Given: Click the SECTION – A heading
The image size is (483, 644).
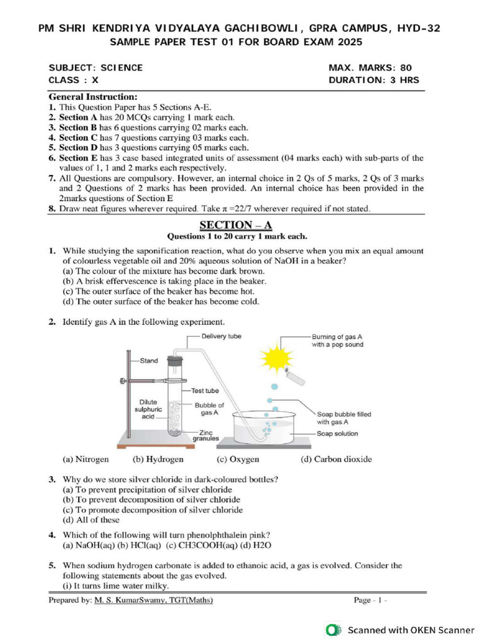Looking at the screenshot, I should [236, 225].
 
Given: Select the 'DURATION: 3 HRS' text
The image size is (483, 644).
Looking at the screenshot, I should [374, 80].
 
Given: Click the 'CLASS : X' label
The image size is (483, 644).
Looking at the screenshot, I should [74, 80].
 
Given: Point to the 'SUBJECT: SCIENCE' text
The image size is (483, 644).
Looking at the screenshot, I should [96, 67].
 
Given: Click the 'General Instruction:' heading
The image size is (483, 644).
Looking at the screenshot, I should [93, 97].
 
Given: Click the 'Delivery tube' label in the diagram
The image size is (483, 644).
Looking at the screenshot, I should [221, 336].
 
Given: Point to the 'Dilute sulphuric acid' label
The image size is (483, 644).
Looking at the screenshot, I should [150, 409].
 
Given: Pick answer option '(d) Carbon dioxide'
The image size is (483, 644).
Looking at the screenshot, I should [336, 459].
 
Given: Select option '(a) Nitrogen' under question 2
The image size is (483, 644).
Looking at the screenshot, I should [86, 459].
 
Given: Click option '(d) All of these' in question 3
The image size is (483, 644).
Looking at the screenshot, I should [91, 520].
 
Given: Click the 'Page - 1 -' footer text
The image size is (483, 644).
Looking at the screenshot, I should [370, 601].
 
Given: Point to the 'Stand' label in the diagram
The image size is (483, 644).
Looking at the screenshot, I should [148, 361].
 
